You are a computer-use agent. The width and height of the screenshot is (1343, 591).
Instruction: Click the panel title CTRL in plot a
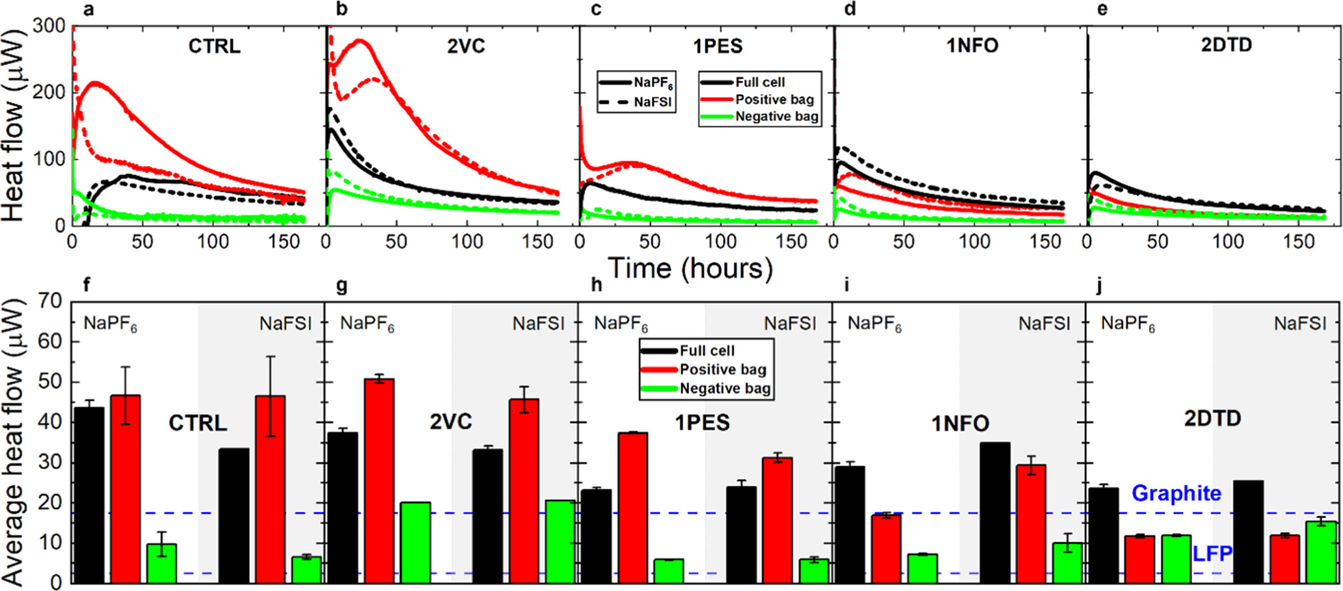pyautogui.click(x=214, y=47)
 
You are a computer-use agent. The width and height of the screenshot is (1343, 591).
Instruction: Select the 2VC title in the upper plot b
pyautogui.click(x=466, y=47)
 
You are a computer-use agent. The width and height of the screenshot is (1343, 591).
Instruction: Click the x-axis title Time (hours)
pyautogui.click(x=690, y=268)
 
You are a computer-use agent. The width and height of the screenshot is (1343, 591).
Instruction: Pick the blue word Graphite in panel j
pyautogui.click(x=1176, y=493)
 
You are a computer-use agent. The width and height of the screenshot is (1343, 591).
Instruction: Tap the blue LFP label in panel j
pyautogui.click(x=1212, y=554)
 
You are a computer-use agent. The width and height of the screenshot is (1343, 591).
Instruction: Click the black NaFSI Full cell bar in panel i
pyautogui.click(x=995, y=512)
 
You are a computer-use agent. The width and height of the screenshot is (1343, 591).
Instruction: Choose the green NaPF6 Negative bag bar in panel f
pyautogui.click(x=161, y=563)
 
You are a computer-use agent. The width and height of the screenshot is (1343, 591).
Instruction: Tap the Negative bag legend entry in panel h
pyautogui.click(x=725, y=389)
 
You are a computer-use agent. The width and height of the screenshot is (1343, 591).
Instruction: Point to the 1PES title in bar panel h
pyautogui.click(x=702, y=422)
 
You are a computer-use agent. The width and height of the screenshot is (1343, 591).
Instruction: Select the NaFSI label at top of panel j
pyautogui.click(x=1299, y=323)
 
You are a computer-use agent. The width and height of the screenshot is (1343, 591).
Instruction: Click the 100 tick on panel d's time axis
pyautogui.click(x=974, y=241)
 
